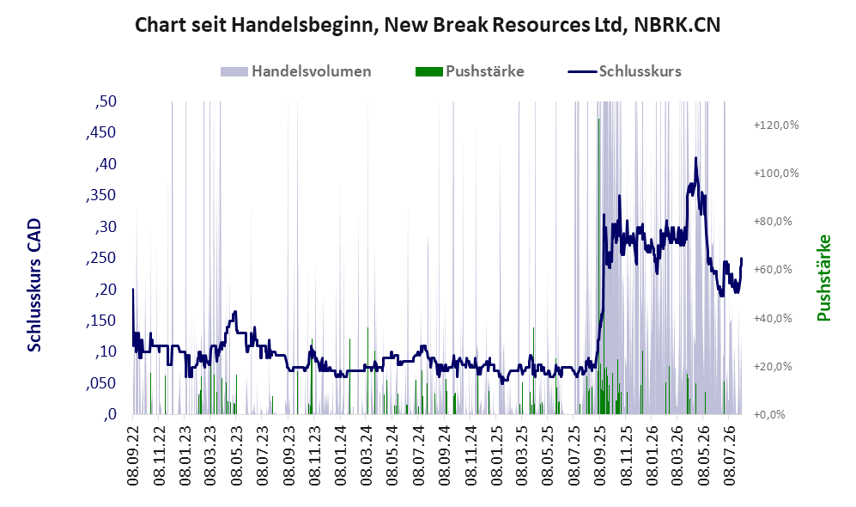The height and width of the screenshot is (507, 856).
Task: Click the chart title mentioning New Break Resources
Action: (x=428, y=25)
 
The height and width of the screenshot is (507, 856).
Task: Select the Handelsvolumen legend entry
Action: (x=296, y=71)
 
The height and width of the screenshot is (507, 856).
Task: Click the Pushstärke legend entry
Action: (x=470, y=71)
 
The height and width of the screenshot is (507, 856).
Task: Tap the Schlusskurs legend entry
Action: (x=624, y=71)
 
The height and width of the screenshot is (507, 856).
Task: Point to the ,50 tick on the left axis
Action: (x=106, y=101)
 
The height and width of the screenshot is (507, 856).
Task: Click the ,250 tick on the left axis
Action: (x=101, y=258)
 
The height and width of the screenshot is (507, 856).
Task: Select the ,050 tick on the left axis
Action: (x=101, y=383)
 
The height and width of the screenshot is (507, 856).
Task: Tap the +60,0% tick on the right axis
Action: (x=773, y=269)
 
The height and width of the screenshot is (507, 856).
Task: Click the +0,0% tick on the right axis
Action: (x=770, y=415)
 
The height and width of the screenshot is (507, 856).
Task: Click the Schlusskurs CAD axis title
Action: (x=34, y=285)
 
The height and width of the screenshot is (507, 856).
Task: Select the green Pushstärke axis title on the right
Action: (x=823, y=278)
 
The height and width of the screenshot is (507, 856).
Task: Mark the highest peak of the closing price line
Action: (x=695, y=158)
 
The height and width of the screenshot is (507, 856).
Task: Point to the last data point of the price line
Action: (x=741, y=259)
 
